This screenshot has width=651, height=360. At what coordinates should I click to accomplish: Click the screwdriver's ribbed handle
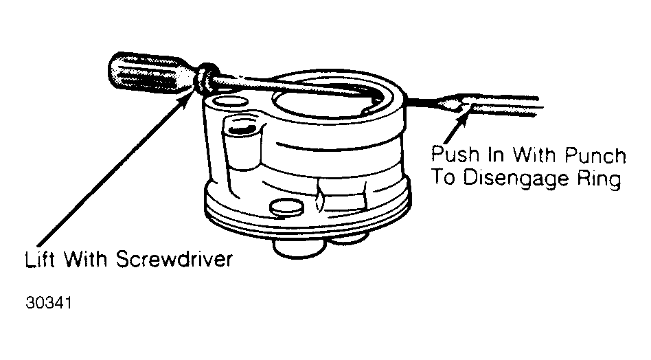(x=152, y=72)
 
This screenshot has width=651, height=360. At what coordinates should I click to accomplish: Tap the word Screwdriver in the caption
(x=174, y=259)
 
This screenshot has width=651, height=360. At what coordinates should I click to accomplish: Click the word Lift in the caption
(x=39, y=260)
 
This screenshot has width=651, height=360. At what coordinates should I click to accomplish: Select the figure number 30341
(x=49, y=303)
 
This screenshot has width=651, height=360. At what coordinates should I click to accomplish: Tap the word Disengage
(x=517, y=179)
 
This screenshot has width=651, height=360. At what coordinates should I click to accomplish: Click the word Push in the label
(x=455, y=154)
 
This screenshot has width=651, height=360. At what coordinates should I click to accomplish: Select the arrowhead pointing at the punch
(x=464, y=115)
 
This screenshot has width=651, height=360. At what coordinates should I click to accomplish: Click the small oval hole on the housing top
(x=229, y=101)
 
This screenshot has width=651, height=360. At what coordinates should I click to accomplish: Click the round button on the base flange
(x=286, y=207)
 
